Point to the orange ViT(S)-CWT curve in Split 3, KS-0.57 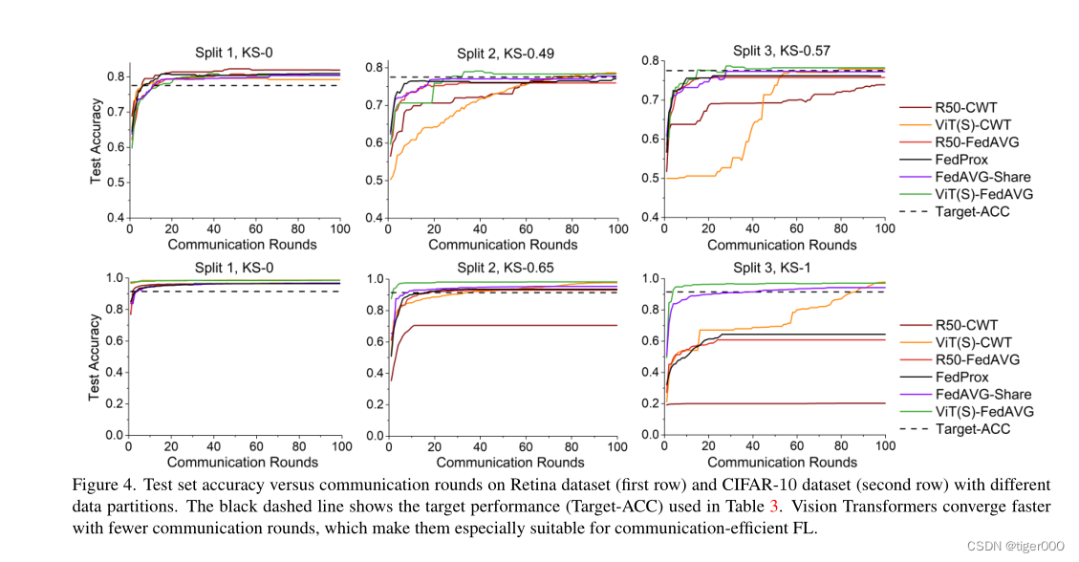tap(707, 176)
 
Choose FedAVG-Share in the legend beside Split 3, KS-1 tap(983, 394)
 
